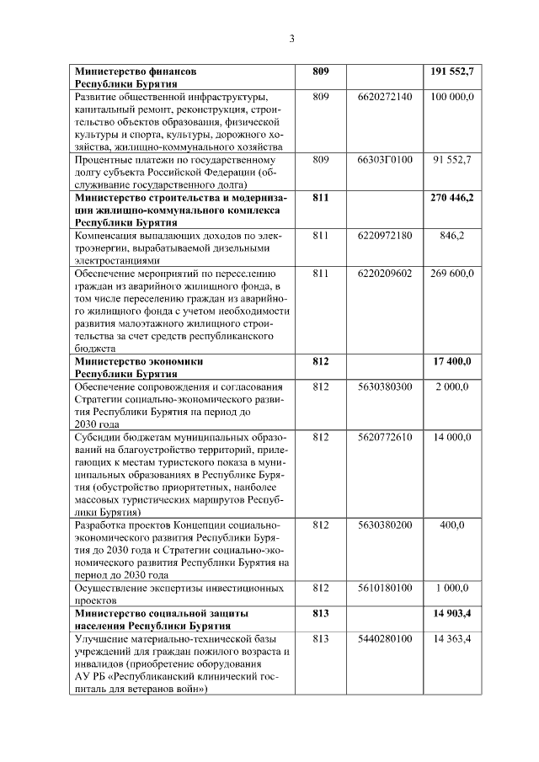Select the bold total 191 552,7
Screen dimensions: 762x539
click(x=451, y=73)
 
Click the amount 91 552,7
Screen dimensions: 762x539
click(x=452, y=159)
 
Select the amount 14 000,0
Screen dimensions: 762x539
click(x=453, y=438)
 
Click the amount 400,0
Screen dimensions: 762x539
click(x=452, y=525)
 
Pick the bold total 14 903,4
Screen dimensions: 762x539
click(x=453, y=613)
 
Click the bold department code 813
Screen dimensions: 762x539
click(x=320, y=613)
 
